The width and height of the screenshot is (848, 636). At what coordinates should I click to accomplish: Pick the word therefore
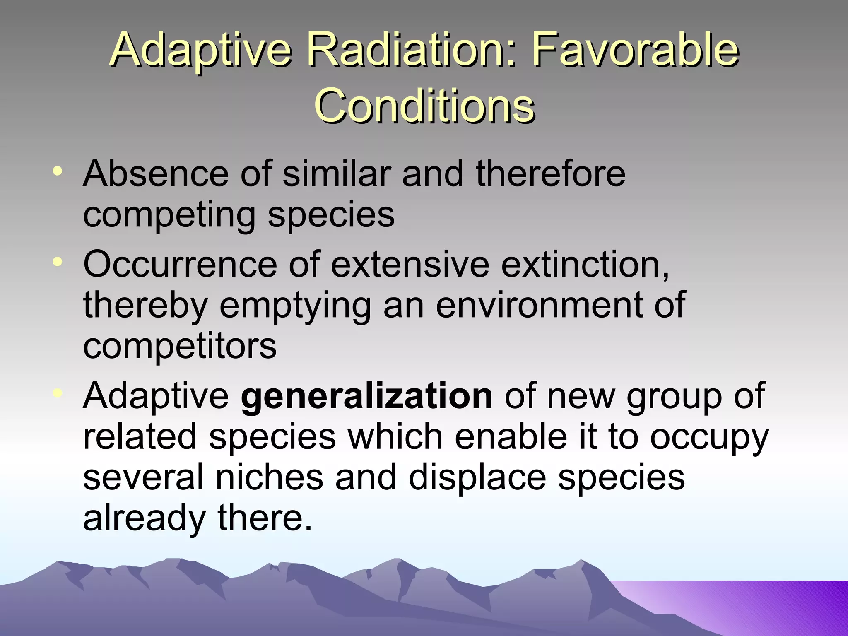[x=550, y=174]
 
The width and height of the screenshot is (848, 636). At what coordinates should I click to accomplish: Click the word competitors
[x=180, y=346]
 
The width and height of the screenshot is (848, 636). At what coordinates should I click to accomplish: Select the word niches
[x=269, y=477]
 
